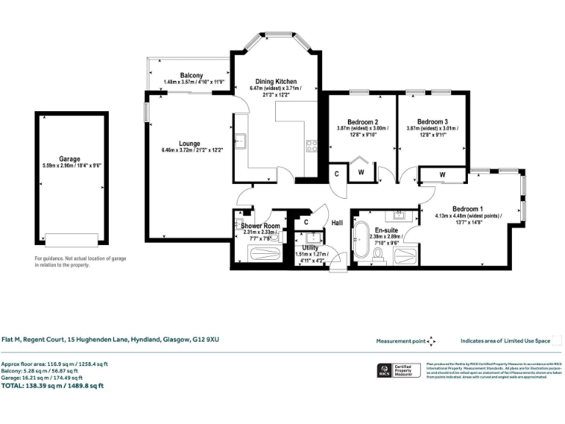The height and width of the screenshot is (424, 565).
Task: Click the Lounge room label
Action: point(189,144)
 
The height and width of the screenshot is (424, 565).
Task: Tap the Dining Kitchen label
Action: point(275,81)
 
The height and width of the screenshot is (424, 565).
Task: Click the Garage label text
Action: point(70,158)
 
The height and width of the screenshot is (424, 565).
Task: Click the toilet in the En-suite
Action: point(377,254)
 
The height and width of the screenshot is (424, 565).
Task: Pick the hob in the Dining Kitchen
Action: point(311,145)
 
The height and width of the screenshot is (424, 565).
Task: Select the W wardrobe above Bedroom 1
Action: point(441,175)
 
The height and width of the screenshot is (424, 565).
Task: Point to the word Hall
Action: point(337,222)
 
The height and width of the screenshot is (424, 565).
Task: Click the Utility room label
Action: point(309,248)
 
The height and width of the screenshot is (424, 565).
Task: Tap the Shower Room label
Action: point(260,226)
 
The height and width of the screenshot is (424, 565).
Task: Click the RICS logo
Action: point(383,370)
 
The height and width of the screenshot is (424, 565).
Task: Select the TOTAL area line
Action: point(53,385)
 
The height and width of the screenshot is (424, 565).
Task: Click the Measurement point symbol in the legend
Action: point(431,341)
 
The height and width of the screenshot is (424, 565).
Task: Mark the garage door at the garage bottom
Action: point(71,240)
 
